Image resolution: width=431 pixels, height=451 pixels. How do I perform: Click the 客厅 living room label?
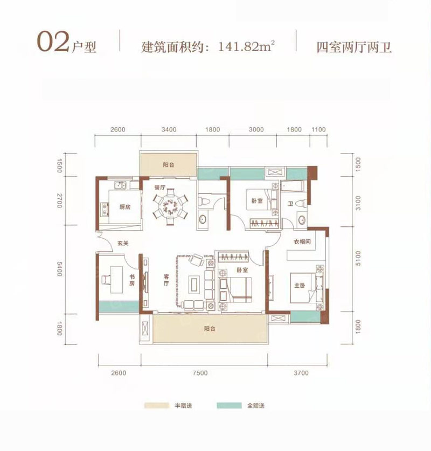point(166,279)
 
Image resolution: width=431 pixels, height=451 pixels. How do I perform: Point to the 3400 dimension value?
point(169,130)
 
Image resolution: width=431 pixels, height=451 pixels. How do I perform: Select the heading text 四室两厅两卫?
point(353,46)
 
